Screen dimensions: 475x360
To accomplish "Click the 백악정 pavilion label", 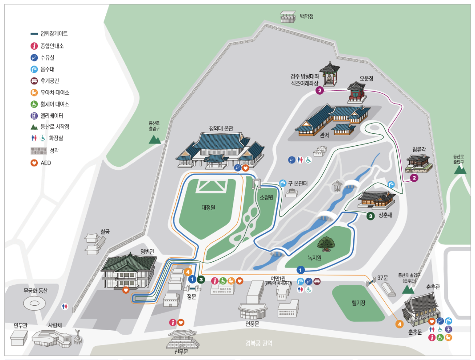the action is [x=307, y=16].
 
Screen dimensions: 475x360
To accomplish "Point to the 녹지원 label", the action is [x=314, y=257].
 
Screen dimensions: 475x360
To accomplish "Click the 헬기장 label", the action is [x=358, y=303].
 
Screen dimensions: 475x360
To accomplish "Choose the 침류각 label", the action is [x=419, y=149].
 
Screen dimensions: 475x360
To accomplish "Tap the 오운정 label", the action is [x=366, y=78].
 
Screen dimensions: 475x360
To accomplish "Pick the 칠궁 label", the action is [x=105, y=231].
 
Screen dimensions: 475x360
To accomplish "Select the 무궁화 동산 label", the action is [x=35, y=291].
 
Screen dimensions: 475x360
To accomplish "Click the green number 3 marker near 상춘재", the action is [x=370, y=216].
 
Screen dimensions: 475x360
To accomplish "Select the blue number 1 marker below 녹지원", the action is [x=300, y=270].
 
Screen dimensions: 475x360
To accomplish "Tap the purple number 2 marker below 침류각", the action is [x=414, y=178].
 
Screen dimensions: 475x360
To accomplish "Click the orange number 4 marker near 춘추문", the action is [x=400, y=324].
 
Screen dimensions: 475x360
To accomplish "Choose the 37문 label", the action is [x=382, y=278].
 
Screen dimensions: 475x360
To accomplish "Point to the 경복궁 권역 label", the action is [x=259, y=343].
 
